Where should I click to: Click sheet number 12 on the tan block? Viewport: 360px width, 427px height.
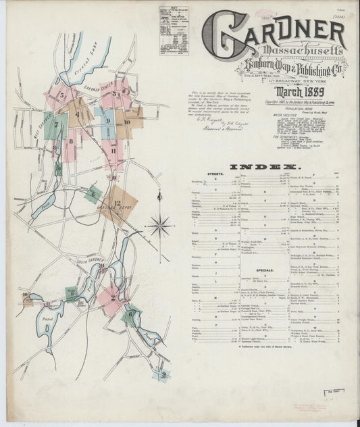point(117,203)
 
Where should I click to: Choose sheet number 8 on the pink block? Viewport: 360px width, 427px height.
point(70,141)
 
